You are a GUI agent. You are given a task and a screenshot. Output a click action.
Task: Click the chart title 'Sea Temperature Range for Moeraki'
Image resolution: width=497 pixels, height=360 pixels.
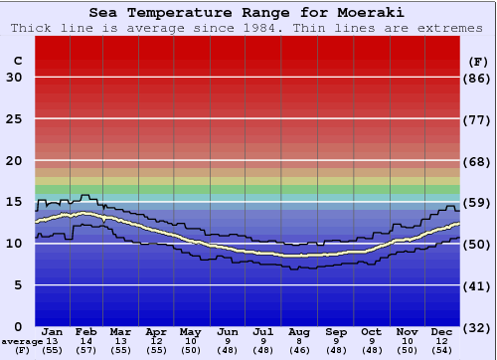pos(248,13)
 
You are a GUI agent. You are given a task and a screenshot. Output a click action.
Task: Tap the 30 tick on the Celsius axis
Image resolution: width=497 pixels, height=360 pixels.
pos(15,78)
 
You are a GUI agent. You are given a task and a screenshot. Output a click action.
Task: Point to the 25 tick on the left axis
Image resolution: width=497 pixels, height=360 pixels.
pos(15,119)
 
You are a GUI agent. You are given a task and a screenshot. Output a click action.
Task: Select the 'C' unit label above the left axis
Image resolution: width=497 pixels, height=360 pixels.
pos(17,61)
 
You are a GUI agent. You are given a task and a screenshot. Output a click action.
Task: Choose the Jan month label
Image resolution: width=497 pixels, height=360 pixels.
pos(54,331)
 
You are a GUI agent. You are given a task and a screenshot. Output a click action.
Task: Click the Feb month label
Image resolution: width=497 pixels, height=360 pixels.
pos(85,331)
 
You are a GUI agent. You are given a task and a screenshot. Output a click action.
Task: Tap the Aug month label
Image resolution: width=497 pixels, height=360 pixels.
pos(299,331)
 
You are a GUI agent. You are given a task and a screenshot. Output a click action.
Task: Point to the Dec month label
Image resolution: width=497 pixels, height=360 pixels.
pos(442,331)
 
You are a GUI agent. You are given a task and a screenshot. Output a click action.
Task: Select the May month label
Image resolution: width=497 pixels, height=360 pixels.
pos(191,331)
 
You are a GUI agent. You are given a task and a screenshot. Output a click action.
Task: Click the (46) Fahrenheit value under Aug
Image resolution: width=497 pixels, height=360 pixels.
pos(299,351)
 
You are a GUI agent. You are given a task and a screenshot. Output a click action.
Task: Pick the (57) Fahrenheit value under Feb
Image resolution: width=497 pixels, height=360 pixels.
pos(85,351)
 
